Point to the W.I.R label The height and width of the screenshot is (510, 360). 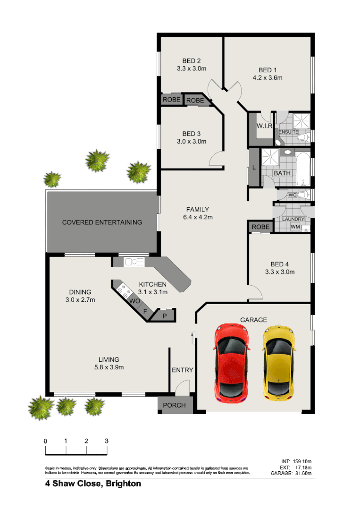pyautogui.click(x=263, y=126)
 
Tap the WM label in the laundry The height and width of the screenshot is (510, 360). pyautogui.click(x=295, y=227)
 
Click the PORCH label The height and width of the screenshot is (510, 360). pyautogui.click(x=174, y=405)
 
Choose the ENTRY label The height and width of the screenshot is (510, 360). pyautogui.click(x=182, y=370)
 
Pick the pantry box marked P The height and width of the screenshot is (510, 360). pyautogui.click(x=164, y=316)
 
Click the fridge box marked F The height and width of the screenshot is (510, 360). pyautogui.click(x=145, y=311)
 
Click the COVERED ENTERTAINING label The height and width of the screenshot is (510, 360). pyautogui.click(x=102, y=222)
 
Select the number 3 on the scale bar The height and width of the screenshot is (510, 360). pyautogui.click(x=107, y=441)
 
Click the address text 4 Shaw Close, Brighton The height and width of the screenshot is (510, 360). pyautogui.click(x=93, y=484)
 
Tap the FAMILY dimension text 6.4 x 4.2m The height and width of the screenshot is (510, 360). pyautogui.click(x=197, y=217)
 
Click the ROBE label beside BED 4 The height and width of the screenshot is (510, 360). pyautogui.click(x=260, y=227)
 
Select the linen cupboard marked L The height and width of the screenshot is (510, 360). pyautogui.click(x=254, y=167)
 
